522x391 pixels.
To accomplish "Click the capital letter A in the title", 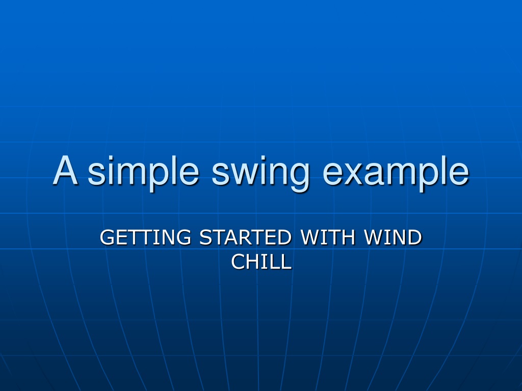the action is [x=65, y=170].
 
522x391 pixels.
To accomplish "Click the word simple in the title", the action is [x=143, y=173].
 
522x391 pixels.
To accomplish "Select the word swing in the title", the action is [x=260, y=173].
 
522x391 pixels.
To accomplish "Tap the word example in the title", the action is [x=396, y=173].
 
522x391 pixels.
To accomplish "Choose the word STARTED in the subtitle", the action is [x=245, y=237].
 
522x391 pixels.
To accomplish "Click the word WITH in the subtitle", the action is [x=328, y=237].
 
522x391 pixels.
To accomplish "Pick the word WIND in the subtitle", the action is [x=393, y=237].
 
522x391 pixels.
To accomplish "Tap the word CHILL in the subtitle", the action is [x=262, y=262].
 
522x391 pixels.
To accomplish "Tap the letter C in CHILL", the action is [x=239, y=262].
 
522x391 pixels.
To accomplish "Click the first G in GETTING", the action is [x=108, y=237].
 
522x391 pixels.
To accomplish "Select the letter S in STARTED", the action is [x=206, y=237].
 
